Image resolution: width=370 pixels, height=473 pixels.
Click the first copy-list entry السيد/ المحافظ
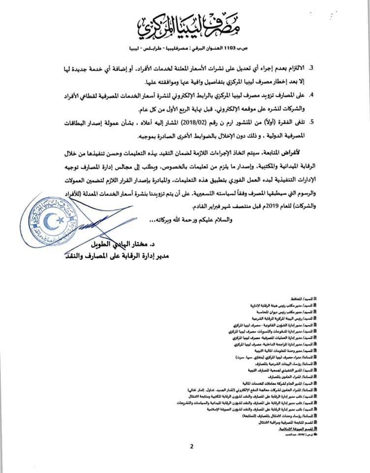pos(305,298)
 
